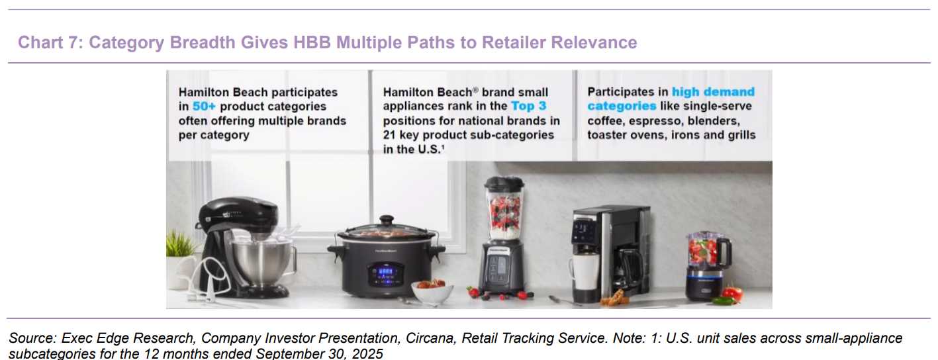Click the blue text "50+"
tap(204, 107)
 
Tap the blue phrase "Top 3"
tap(529, 106)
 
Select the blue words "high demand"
tap(713, 92)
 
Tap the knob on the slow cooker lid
tap(386, 220)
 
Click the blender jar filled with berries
tap(504, 211)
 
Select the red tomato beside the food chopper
tap(732, 294)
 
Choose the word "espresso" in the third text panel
tap(655, 121)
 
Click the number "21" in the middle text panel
tap(389, 135)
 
